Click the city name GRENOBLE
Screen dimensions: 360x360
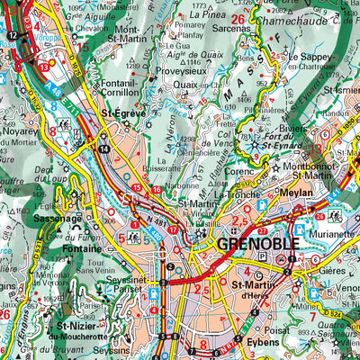click(x=254, y=244)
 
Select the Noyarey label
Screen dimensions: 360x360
click(x=21, y=130)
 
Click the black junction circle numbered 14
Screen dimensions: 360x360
click(x=105, y=148)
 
